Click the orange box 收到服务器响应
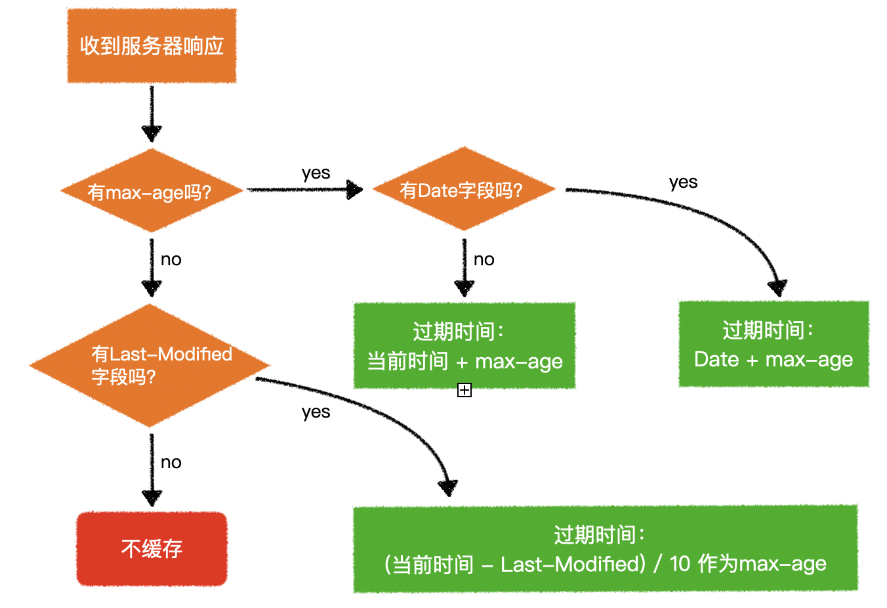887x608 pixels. click(152, 46)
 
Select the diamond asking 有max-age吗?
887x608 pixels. click(152, 191)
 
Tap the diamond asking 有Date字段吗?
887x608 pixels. click(463, 190)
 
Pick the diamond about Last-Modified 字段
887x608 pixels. click(151, 365)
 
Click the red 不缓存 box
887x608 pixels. click(152, 548)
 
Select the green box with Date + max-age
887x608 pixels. click(774, 344)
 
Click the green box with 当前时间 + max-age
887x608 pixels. click(464, 346)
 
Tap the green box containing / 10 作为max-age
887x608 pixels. click(605, 549)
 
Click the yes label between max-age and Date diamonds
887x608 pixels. click(316, 173)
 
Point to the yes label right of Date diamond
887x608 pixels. click(683, 182)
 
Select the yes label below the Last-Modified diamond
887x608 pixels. click(316, 412)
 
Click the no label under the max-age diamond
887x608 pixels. click(171, 259)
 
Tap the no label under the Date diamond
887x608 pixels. click(484, 259)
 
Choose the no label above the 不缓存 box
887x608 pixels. click(171, 462)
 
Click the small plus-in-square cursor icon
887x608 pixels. click(464, 390)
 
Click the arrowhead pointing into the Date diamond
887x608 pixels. click(355, 190)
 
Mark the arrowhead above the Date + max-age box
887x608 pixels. click(777, 288)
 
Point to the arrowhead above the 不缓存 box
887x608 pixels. click(152, 497)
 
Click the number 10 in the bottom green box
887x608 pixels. click(680, 563)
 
